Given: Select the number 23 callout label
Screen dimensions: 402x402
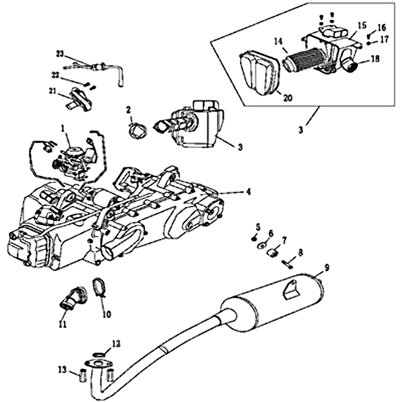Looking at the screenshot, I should point(60,53).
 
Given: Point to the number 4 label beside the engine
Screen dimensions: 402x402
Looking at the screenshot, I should point(248,191).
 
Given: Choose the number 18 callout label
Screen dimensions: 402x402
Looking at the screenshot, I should point(375,59).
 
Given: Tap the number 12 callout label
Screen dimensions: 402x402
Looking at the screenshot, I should point(116,344).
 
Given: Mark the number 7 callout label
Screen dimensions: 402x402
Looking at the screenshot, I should point(284,241).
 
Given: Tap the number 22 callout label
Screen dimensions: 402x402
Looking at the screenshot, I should point(55,75).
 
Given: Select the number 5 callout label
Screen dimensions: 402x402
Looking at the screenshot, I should point(258,227).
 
